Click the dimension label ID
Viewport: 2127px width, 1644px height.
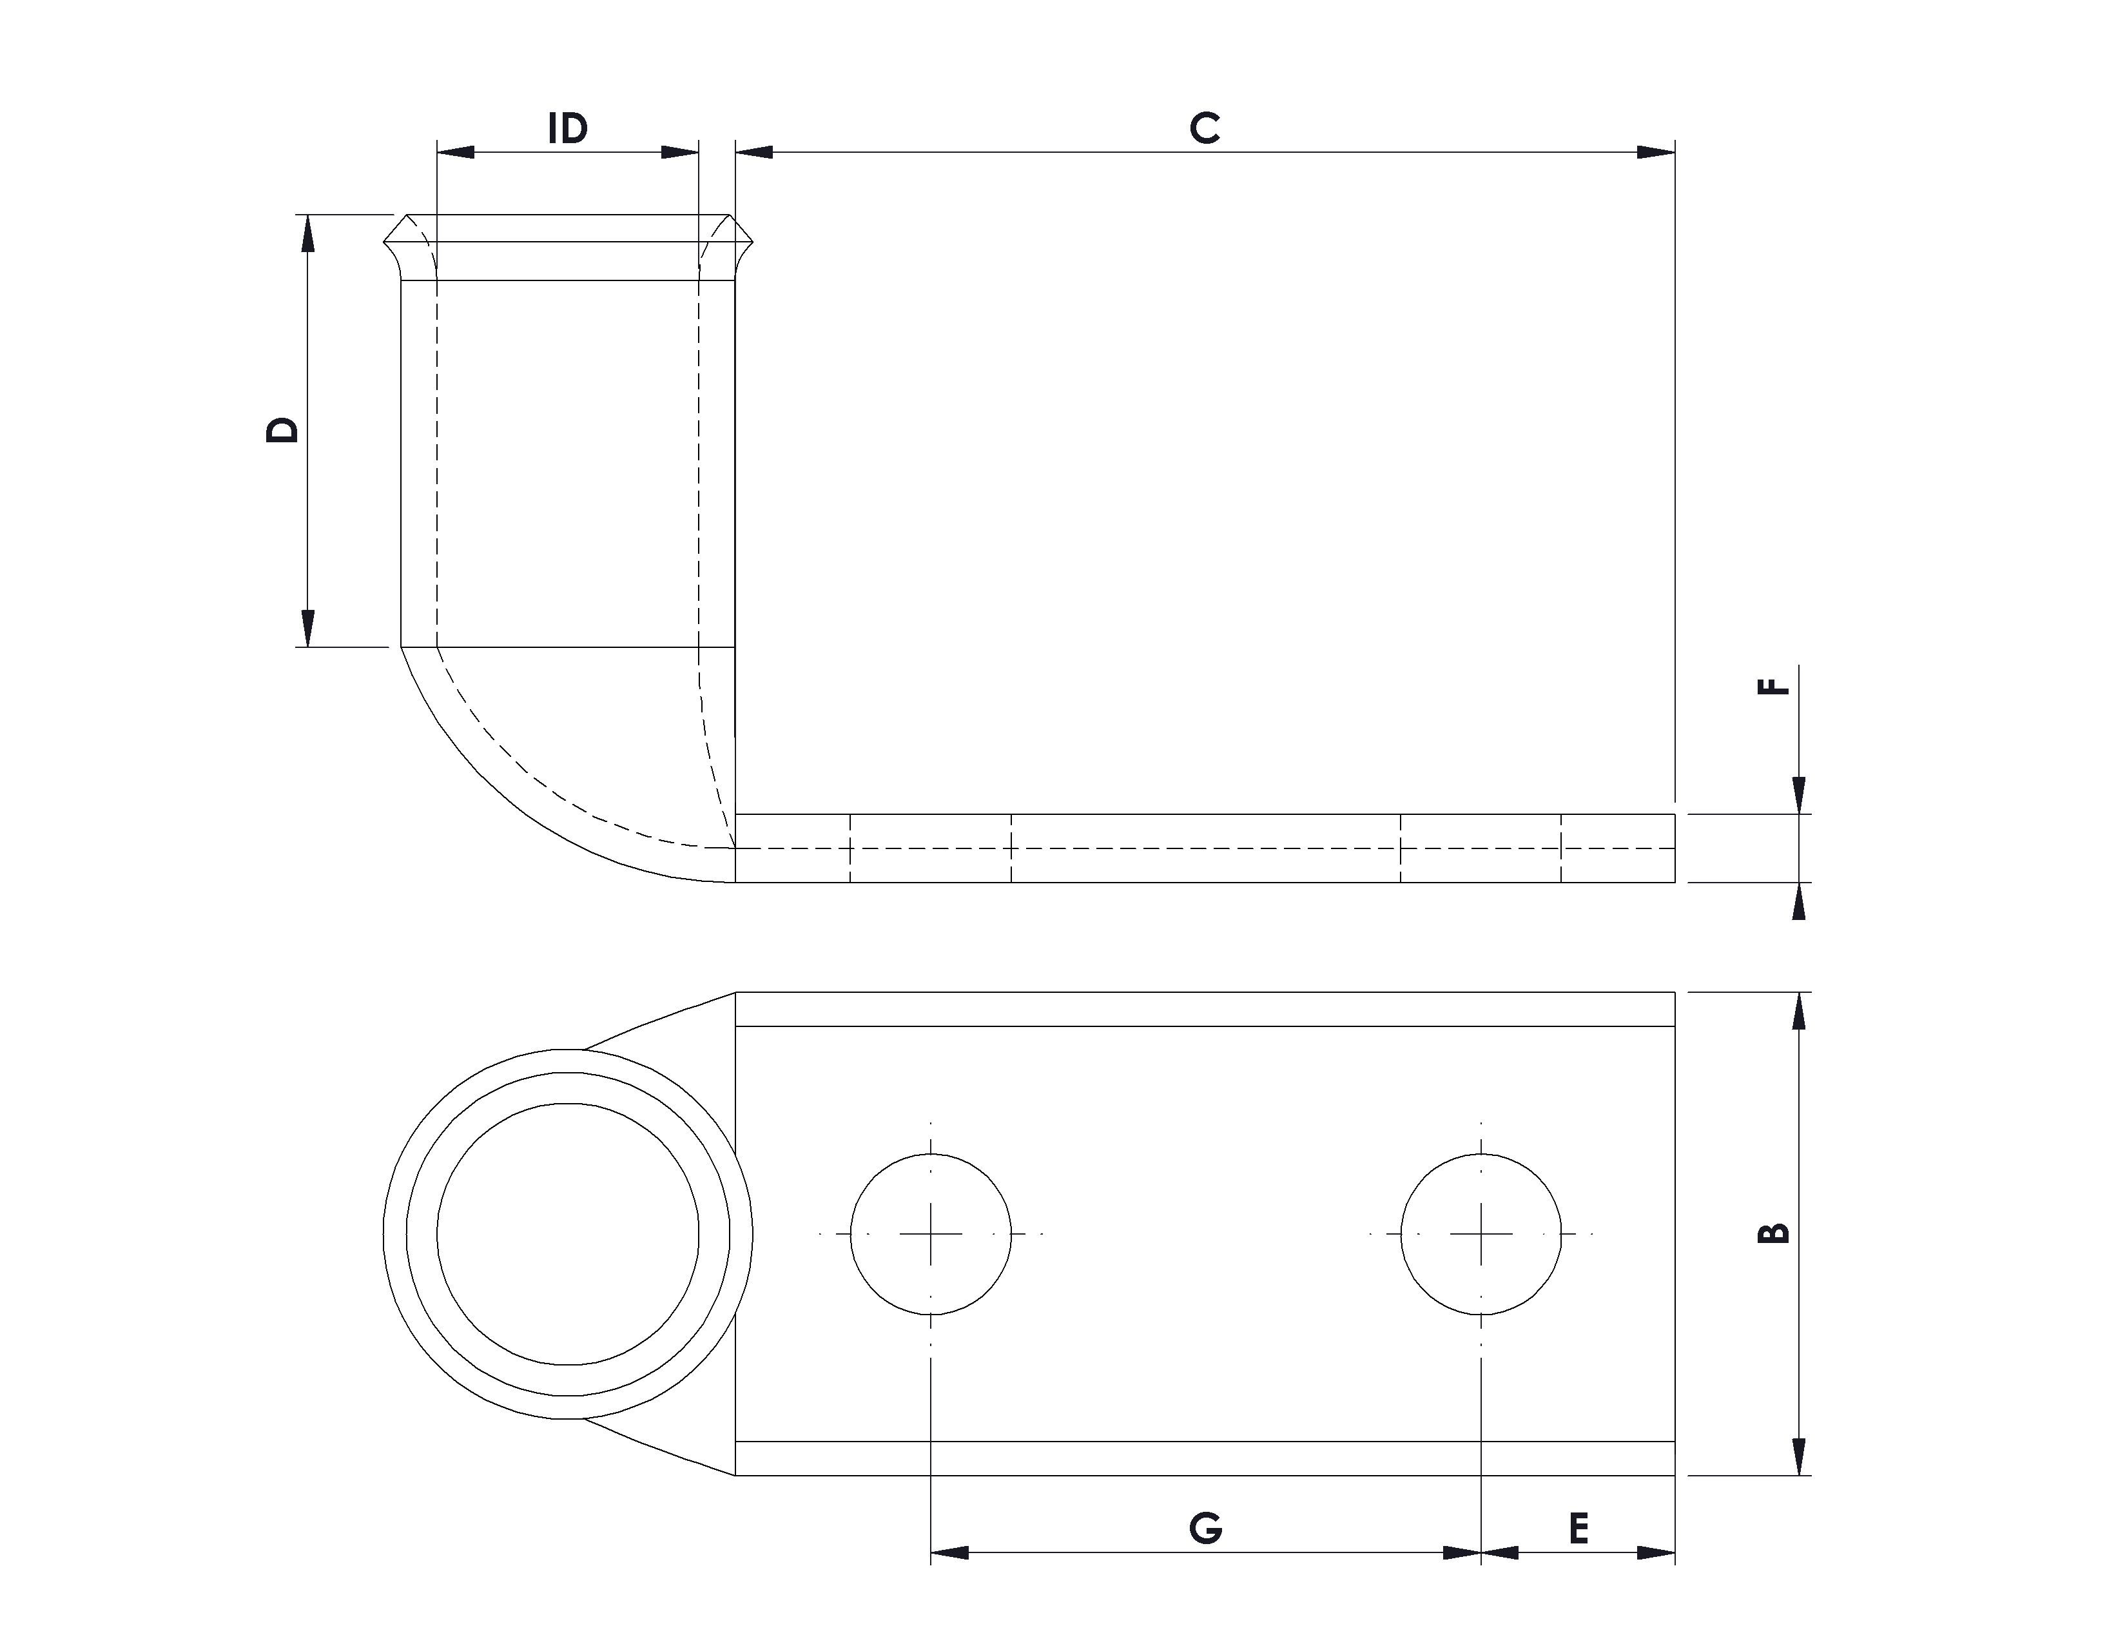click(x=568, y=128)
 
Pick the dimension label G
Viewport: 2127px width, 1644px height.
click(x=1206, y=1529)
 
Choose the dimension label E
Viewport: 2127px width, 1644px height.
click(x=1578, y=1529)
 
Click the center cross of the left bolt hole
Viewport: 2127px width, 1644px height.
click(x=931, y=1234)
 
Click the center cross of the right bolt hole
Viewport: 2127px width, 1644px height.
click(x=1481, y=1234)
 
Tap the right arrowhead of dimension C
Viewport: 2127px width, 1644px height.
click(x=1656, y=152)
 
